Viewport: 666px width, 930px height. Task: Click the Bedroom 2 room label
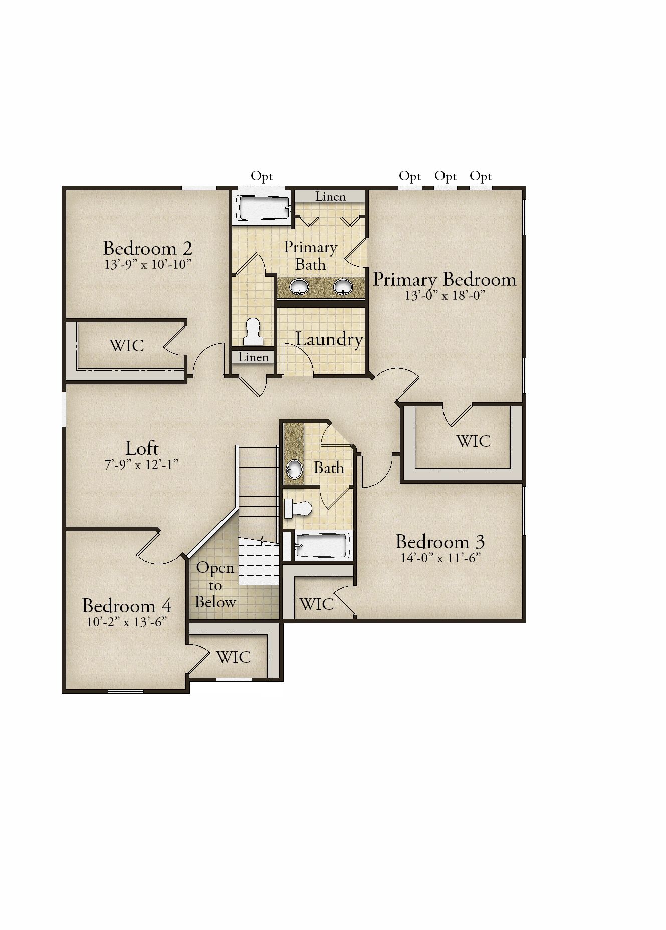point(148,248)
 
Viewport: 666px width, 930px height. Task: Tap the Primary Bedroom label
point(445,280)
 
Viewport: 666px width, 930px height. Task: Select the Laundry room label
point(329,339)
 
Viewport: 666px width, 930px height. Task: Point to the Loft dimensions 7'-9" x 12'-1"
point(141,464)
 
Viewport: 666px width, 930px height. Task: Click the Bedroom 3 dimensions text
point(440,558)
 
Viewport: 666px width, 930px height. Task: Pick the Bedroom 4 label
point(127,606)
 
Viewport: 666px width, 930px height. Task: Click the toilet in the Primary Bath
point(253,331)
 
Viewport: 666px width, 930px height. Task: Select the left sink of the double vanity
point(299,287)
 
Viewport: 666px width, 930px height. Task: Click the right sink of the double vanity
point(343,287)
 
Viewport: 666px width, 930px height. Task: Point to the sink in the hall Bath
point(294,470)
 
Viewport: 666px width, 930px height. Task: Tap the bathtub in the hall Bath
point(322,546)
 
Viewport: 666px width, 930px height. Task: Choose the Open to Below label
point(215,585)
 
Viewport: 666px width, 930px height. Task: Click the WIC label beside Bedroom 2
point(127,346)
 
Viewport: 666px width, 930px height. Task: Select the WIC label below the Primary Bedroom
point(474,441)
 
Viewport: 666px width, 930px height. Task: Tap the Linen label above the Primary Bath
point(331,197)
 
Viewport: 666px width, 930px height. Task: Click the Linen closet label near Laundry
point(254,357)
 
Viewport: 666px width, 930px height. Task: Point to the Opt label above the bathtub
point(262,177)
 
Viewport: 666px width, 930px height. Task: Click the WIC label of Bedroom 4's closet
point(234,657)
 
